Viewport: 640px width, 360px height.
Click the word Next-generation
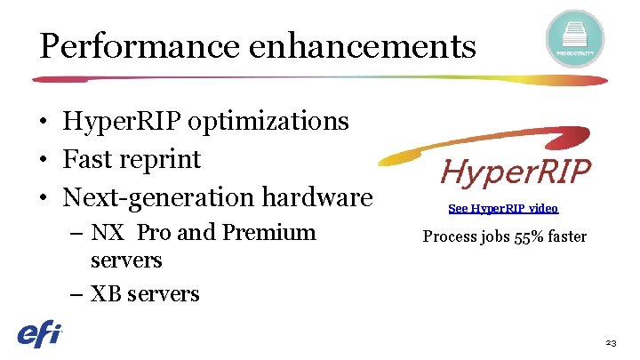coord(155,198)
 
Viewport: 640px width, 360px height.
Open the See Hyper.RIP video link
coord(503,208)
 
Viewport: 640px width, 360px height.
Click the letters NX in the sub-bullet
coord(108,233)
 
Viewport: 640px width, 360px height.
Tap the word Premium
coord(268,233)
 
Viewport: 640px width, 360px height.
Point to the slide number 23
coord(610,342)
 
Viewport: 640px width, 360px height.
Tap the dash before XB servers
coord(75,294)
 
